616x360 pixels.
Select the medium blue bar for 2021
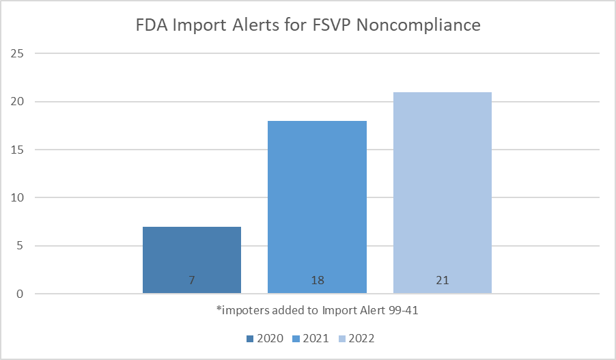[317, 205]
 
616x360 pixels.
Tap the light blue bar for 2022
[442, 191]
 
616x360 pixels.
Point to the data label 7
[192, 281]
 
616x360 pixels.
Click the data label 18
[317, 281]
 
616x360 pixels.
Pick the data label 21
[442, 281]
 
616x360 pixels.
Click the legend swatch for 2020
[251, 339]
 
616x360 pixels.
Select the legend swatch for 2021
[296, 339]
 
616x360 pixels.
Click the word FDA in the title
[151, 26]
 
